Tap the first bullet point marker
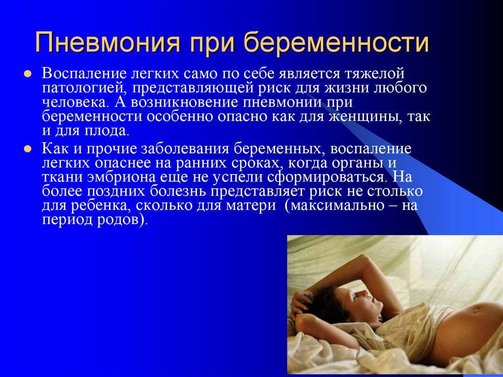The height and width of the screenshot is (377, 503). [28, 74]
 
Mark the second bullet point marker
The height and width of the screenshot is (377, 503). [28, 149]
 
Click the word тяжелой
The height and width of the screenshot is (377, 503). [374, 74]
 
